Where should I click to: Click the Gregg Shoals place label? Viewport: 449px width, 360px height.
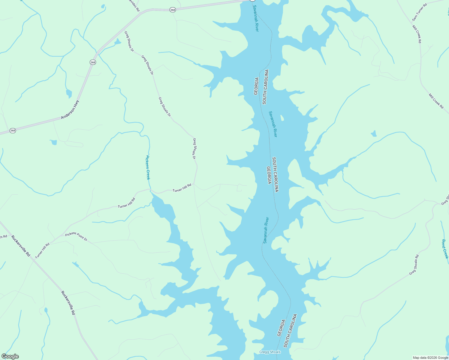pyautogui.click(x=270, y=352)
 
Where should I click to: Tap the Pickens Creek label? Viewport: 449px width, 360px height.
pyautogui.click(x=148, y=167)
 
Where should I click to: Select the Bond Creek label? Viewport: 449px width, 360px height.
pyautogui.click(x=445, y=249)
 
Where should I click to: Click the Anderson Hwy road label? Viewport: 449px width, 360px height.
pyautogui.click(x=70, y=110)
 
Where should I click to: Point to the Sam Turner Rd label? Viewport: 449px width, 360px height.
pyautogui.click(x=419, y=12)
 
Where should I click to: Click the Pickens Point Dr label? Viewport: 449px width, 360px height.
pyautogui.click(x=76, y=237)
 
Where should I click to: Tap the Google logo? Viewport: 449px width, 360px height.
pyautogui.click(x=10, y=356)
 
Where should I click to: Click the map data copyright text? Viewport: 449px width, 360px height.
pyautogui.click(x=430, y=358)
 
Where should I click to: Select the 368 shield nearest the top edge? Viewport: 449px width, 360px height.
pyautogui.click(x=173, y=10)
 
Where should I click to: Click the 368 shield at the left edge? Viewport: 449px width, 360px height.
pyautogui.click(x=13, y=130)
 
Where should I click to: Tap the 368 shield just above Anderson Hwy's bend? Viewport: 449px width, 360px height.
pyautogui.click(x=93, y=62)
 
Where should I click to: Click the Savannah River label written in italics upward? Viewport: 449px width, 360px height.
pyautogui.click(x=266, y=230)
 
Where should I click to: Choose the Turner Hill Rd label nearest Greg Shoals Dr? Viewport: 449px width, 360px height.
pyautogui.click(x=182, y=188)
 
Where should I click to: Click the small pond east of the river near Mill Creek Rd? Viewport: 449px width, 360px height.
pyautogui.click(x=374, y=134)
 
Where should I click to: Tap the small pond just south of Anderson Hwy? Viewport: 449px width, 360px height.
pyautogui.click(x=54, y=142)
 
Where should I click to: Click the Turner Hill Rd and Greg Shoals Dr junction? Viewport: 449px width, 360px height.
pyautogui.click(x=194, y=184)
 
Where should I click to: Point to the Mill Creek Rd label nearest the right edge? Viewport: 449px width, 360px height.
pyautogui.click(x=436, y=101)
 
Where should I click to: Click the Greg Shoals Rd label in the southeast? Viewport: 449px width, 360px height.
pyautogui.click(x=414, y=265)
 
